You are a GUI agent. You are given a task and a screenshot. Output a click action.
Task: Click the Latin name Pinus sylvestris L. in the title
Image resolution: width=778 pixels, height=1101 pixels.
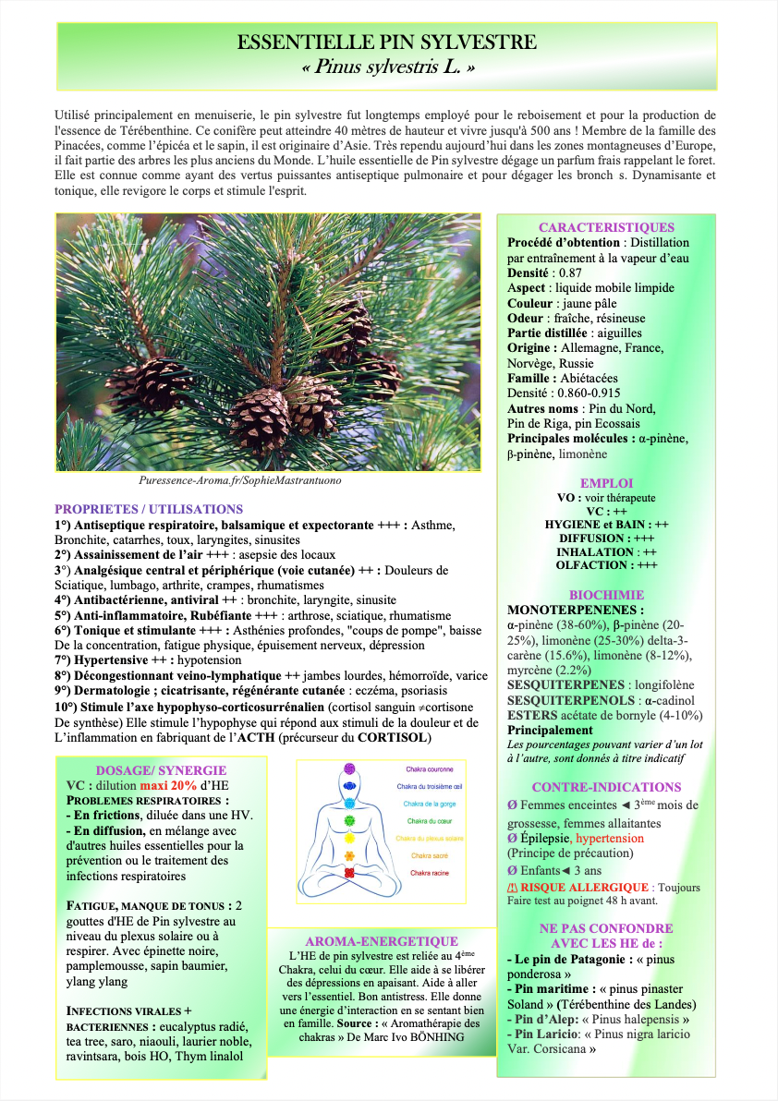pos(388,67)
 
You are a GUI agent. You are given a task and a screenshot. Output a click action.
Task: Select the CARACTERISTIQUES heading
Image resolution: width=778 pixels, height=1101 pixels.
pos(606,227)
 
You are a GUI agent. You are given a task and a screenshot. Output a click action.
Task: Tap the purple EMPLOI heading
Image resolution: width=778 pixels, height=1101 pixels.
pos(606,483)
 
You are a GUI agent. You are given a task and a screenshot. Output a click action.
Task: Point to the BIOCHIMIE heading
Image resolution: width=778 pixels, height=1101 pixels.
pos(606,595)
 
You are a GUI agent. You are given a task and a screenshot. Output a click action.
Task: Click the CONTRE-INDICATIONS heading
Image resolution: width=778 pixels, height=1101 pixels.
pos(606,787)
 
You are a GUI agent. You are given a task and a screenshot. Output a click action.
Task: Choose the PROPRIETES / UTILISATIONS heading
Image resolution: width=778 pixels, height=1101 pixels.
pos(149,509)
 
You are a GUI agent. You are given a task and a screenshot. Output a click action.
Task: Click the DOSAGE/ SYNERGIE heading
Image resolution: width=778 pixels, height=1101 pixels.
pos(161,770)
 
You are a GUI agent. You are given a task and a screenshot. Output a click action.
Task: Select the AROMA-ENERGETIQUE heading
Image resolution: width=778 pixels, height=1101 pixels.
pos(382,940)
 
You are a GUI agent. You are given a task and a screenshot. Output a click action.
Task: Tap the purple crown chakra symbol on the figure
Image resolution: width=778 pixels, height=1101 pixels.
pos(349,768)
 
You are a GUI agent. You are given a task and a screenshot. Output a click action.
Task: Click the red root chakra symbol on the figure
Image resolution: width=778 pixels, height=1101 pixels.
pos(349,873)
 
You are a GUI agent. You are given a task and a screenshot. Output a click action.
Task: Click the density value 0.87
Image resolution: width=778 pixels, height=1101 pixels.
pos(569,273)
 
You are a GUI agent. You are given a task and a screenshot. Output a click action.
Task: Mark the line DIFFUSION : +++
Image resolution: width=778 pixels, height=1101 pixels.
pos(607,538)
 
